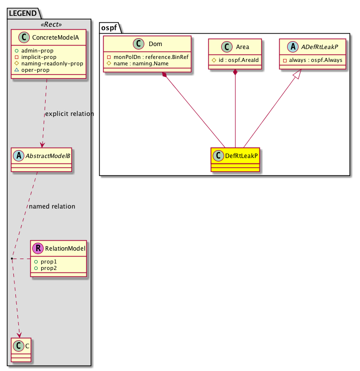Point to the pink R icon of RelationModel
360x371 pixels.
click(38, 248)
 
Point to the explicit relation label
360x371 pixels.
click(69, 114)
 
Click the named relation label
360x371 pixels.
click(52, 206)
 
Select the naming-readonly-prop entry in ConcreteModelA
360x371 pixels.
click(55, 63)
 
